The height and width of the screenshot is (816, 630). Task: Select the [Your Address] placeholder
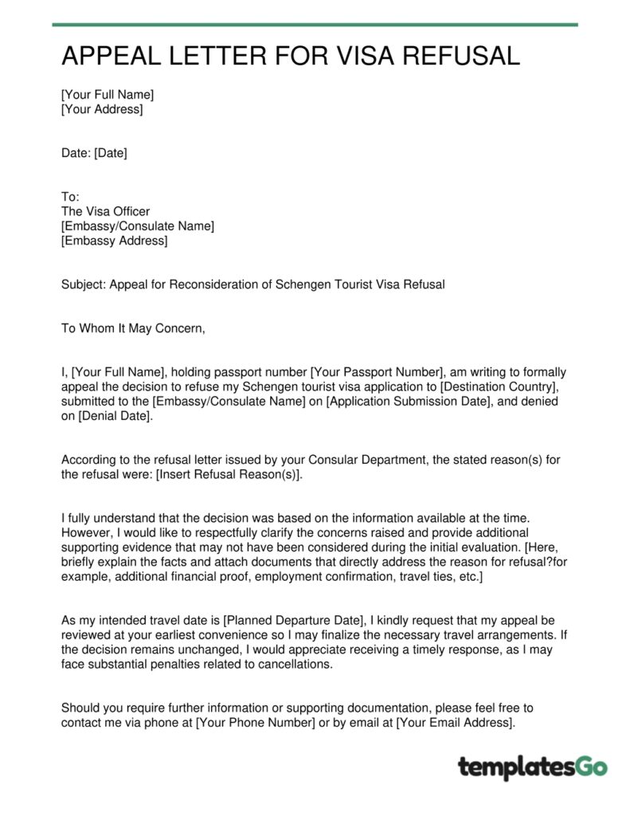point(102,109)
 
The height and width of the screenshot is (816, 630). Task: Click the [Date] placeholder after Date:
point(111,153)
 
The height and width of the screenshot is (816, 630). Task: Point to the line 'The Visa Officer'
point(105,211)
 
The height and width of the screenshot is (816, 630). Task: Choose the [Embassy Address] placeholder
point(115,241)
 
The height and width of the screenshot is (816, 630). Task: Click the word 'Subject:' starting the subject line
point(84,284)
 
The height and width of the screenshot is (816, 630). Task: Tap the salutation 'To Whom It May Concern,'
point(133,328)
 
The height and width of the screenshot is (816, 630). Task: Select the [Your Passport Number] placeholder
point(376,371)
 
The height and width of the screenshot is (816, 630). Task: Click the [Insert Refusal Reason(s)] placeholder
point(229,474)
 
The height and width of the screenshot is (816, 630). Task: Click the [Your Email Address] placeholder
point(454,722)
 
